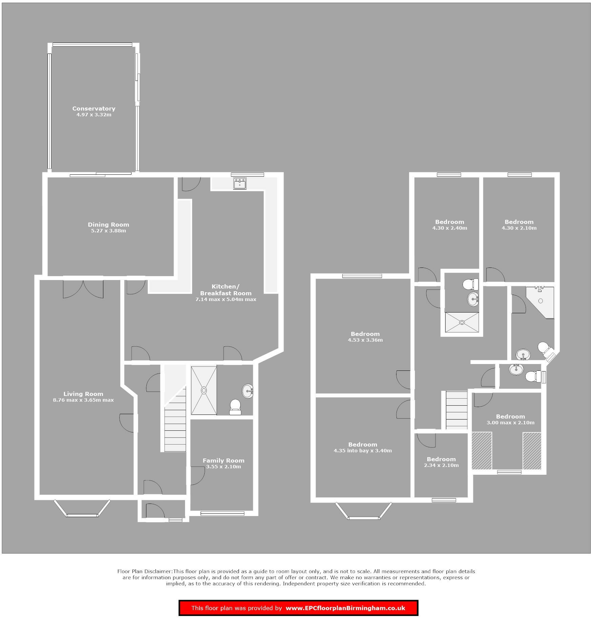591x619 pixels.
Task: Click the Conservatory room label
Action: tap(94, 109)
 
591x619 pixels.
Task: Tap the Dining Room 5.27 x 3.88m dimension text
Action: tap(108, 231)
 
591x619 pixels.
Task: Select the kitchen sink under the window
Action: tap(240, 184)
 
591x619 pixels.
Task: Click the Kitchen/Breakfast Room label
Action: tap(226, 290)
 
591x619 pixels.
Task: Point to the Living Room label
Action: tap(83, 394)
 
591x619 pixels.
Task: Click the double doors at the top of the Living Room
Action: tap(83, 287)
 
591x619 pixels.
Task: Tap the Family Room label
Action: tap(223, 461)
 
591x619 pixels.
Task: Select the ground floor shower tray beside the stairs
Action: tap(204, 390)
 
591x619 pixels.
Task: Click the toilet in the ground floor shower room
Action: tap(235, 406)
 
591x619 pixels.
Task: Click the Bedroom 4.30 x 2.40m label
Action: tap(450, 222)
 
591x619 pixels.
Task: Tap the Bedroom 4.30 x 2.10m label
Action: tap(519, 222)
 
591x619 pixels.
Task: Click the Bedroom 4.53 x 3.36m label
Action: tap(365, 334)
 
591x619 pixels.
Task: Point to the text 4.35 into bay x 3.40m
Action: tap(363, 451)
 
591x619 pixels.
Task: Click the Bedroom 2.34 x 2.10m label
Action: tap(441, 459)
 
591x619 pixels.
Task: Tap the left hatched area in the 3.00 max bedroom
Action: tap(482, 451)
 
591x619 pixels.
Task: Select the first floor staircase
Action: tap(456, 410)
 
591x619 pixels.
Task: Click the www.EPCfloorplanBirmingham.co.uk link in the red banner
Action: tap(345, 608)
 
